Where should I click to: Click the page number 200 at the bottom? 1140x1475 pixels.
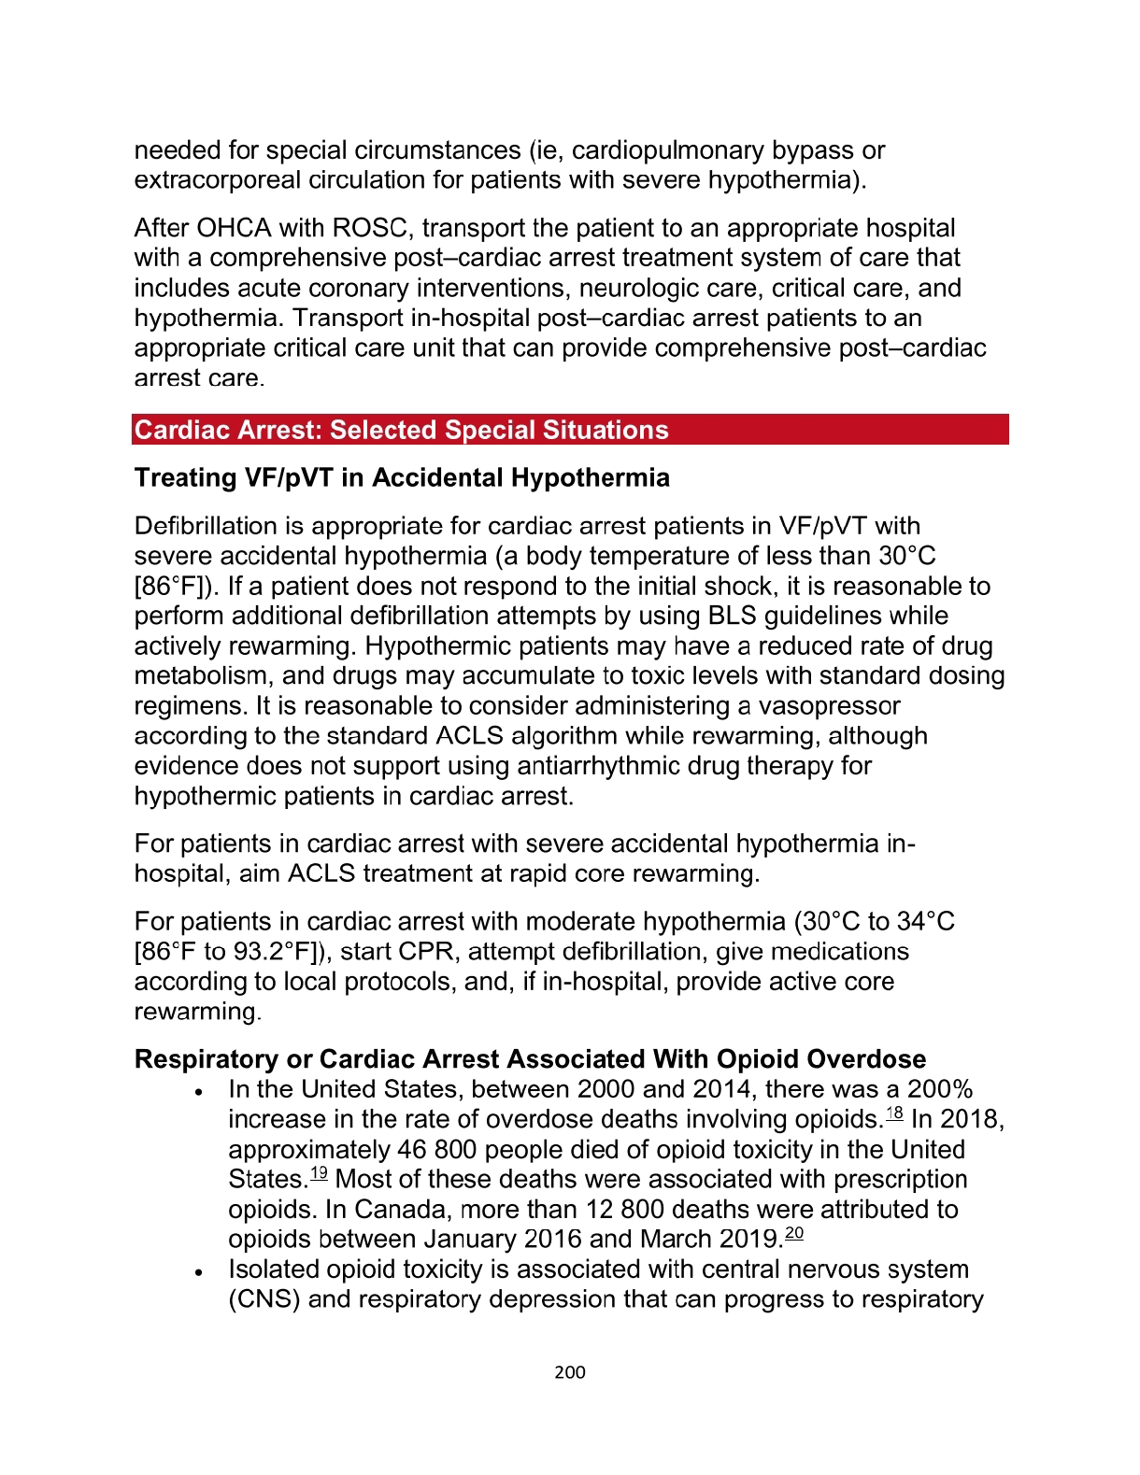point(569,1372)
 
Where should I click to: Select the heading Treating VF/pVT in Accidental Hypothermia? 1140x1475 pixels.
point(402,478)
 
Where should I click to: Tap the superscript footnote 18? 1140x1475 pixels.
point(894,1113)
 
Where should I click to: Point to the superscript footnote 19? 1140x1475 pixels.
point(319,1172)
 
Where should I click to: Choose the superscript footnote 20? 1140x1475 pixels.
point(794,1233)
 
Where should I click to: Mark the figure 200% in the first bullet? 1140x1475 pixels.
point(940,1090)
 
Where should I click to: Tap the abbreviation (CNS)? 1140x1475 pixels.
point(264,1299)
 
